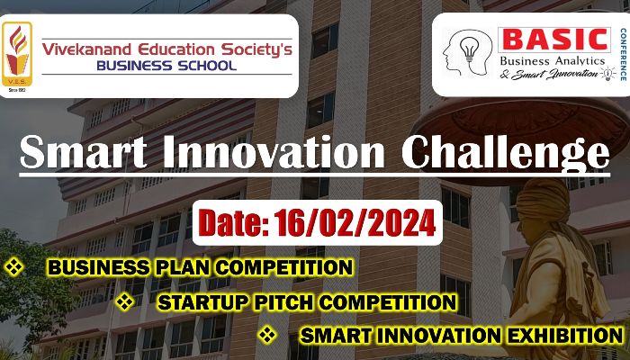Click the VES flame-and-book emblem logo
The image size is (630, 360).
pos(16,54)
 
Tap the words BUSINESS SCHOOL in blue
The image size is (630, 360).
pos(166,66)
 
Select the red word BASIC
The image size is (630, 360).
pos(554,40)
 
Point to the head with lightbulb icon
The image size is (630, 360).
pos(467,52)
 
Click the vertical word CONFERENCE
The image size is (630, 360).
pos(623,54)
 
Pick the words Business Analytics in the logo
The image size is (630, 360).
pos(553,61)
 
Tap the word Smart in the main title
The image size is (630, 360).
pos(84,152)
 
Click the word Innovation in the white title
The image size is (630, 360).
pos(274,152)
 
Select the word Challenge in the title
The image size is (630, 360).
pos(506,155)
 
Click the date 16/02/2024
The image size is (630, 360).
pos(355,223)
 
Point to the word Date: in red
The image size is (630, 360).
pos(234,223)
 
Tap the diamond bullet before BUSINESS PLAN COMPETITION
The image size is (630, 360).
pos(14,267)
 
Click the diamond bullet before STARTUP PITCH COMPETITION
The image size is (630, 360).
pos(125,301)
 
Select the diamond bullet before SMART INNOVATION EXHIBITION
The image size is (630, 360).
pos(267,335)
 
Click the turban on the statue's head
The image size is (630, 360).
pos(543,201)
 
